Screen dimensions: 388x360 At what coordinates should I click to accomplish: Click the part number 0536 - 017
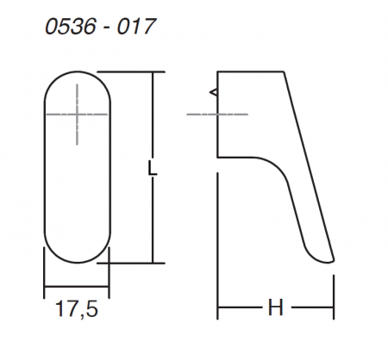[x=100, y=27]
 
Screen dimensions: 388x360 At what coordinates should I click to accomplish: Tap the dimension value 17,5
[x=77, y=309]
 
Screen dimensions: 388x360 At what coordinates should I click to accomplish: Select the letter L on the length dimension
[x=153, y=168]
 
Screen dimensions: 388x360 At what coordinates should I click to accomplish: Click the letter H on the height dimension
[x=275, y=307]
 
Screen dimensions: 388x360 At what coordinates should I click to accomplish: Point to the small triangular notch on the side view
[x=214, y=92]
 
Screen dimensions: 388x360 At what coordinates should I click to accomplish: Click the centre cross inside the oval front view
[x=77, y=115]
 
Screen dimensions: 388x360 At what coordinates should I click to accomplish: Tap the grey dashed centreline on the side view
[x=217, y=115]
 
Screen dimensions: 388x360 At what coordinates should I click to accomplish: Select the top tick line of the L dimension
[x=131, y=71]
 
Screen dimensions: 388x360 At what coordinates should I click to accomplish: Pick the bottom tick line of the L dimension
[x=131, y=263]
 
